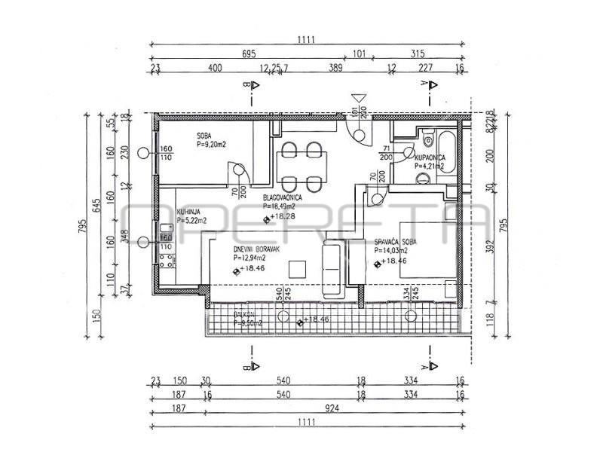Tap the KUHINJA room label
pos(188,212)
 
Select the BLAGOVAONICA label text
pos(283,198)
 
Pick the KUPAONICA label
pos(429,158)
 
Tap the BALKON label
pos(244,314)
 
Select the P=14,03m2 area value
pos(391,251)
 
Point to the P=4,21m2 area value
pos(429,166)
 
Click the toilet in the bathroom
pos(427,139)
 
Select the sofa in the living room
pos(332,267)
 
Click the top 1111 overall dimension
pos(305,39)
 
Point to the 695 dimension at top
pos(250,54)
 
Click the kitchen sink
pos(165,235)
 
